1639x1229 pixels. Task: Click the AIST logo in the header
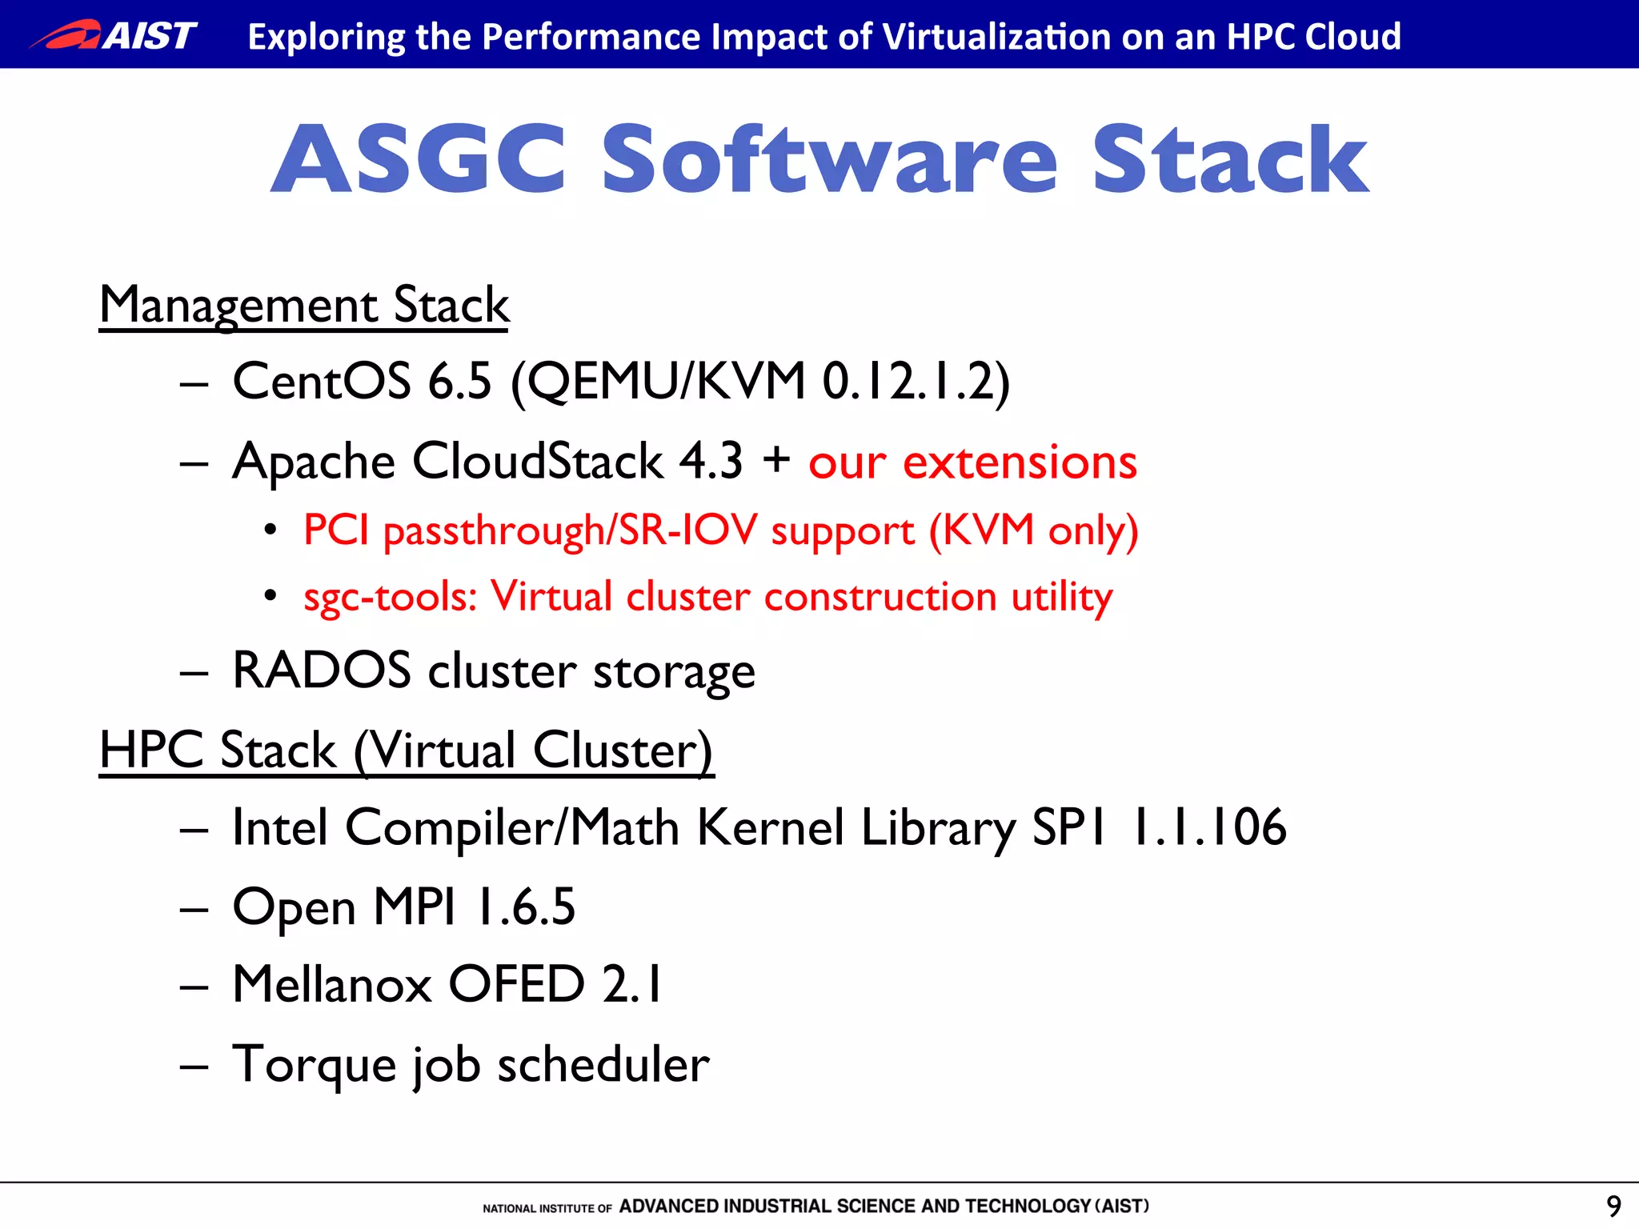pos(114,35)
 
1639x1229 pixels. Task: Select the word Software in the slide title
pos(829,160)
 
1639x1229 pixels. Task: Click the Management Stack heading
pos(304,306)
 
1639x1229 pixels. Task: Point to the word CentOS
pos(321,381)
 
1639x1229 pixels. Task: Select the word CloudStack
pos(537,462)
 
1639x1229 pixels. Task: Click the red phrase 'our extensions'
pos(972,462)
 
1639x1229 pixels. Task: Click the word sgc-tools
pos(390,597)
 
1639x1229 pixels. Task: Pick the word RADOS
pos(321,671)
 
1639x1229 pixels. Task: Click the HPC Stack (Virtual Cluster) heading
pos(407,751)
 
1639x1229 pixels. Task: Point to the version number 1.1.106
pos(1208,827)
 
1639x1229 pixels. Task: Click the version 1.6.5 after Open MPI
pos(525,907)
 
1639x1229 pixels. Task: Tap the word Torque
pos(314,1065)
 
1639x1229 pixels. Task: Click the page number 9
pos(1613,1206)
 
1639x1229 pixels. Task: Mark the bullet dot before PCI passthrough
pos(270,530)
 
